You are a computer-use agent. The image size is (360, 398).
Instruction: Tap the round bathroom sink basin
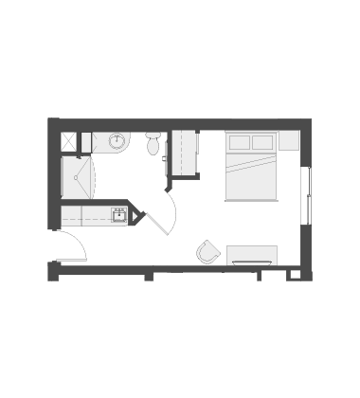pos(117,142)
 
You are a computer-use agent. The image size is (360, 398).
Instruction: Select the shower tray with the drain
pos(77,177)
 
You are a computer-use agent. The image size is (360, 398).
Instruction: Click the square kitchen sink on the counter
pos(119,215)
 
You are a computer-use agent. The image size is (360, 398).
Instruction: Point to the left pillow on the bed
pos(240,143)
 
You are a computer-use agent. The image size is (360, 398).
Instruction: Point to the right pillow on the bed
pos(262,143)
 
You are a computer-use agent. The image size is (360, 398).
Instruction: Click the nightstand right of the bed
pos(289,141)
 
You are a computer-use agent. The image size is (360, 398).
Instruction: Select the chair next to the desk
pos(208,253)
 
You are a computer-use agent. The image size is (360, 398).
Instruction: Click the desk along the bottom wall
pos(252,255)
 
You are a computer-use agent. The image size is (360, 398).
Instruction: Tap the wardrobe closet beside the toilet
pos(184,153)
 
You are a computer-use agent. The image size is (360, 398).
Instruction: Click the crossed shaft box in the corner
pos(69,141)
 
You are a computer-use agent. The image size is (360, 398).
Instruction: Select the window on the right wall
pos(305,196)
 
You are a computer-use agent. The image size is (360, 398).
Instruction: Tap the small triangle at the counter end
pos(135,217)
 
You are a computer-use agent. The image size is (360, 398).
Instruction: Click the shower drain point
pos(75,177)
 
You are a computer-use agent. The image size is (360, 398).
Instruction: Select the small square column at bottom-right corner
pos(294,275)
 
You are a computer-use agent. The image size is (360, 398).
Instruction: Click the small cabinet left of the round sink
pos(86,142)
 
